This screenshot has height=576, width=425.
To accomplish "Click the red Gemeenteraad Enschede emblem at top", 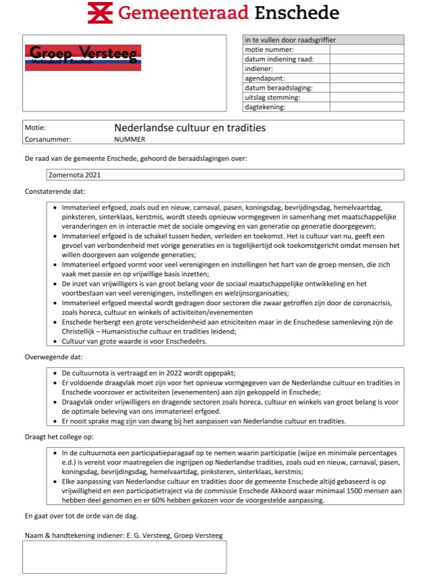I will coord(101,13).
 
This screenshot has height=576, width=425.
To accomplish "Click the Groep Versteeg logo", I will coord(83,57).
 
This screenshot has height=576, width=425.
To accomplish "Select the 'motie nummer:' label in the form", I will coord(269,49).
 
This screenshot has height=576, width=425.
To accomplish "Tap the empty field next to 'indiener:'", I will coord(366,68).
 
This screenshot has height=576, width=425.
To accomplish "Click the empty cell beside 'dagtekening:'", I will coord(366,107).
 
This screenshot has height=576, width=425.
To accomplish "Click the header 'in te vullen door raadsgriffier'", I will coord(290,40).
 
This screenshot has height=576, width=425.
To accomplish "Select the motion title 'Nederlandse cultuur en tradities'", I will coord(190,128).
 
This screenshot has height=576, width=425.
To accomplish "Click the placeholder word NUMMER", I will coord(130,140).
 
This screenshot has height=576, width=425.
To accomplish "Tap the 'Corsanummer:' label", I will coord(48,140).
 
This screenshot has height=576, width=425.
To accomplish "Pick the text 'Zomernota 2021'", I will coord(74,175).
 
